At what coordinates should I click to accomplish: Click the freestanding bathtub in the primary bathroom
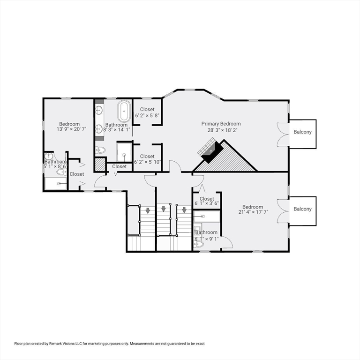(x=124, y=111)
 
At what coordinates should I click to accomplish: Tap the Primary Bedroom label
(x=221, y=124)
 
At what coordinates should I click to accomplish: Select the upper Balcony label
(x=302, y=132)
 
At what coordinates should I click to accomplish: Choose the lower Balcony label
(x=302, y=209)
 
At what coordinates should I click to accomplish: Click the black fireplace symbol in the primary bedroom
(x=210, y=153)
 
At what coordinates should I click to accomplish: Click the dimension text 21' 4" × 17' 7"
(x=253, y=212)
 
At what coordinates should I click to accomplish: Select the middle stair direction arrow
(x=163, y=209)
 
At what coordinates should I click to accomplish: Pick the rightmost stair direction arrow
(x=184, y=210)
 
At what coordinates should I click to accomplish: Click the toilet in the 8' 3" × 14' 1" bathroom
(x=100, y=150)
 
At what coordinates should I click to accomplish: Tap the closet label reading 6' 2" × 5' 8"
(x=147, y=115)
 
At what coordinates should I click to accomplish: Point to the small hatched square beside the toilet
(x=100, y=164)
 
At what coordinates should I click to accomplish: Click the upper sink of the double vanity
(x=99, y=111)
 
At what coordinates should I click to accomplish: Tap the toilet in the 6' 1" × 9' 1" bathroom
(x=199, y=244)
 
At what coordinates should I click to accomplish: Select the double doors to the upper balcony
(x=282, y=135)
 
